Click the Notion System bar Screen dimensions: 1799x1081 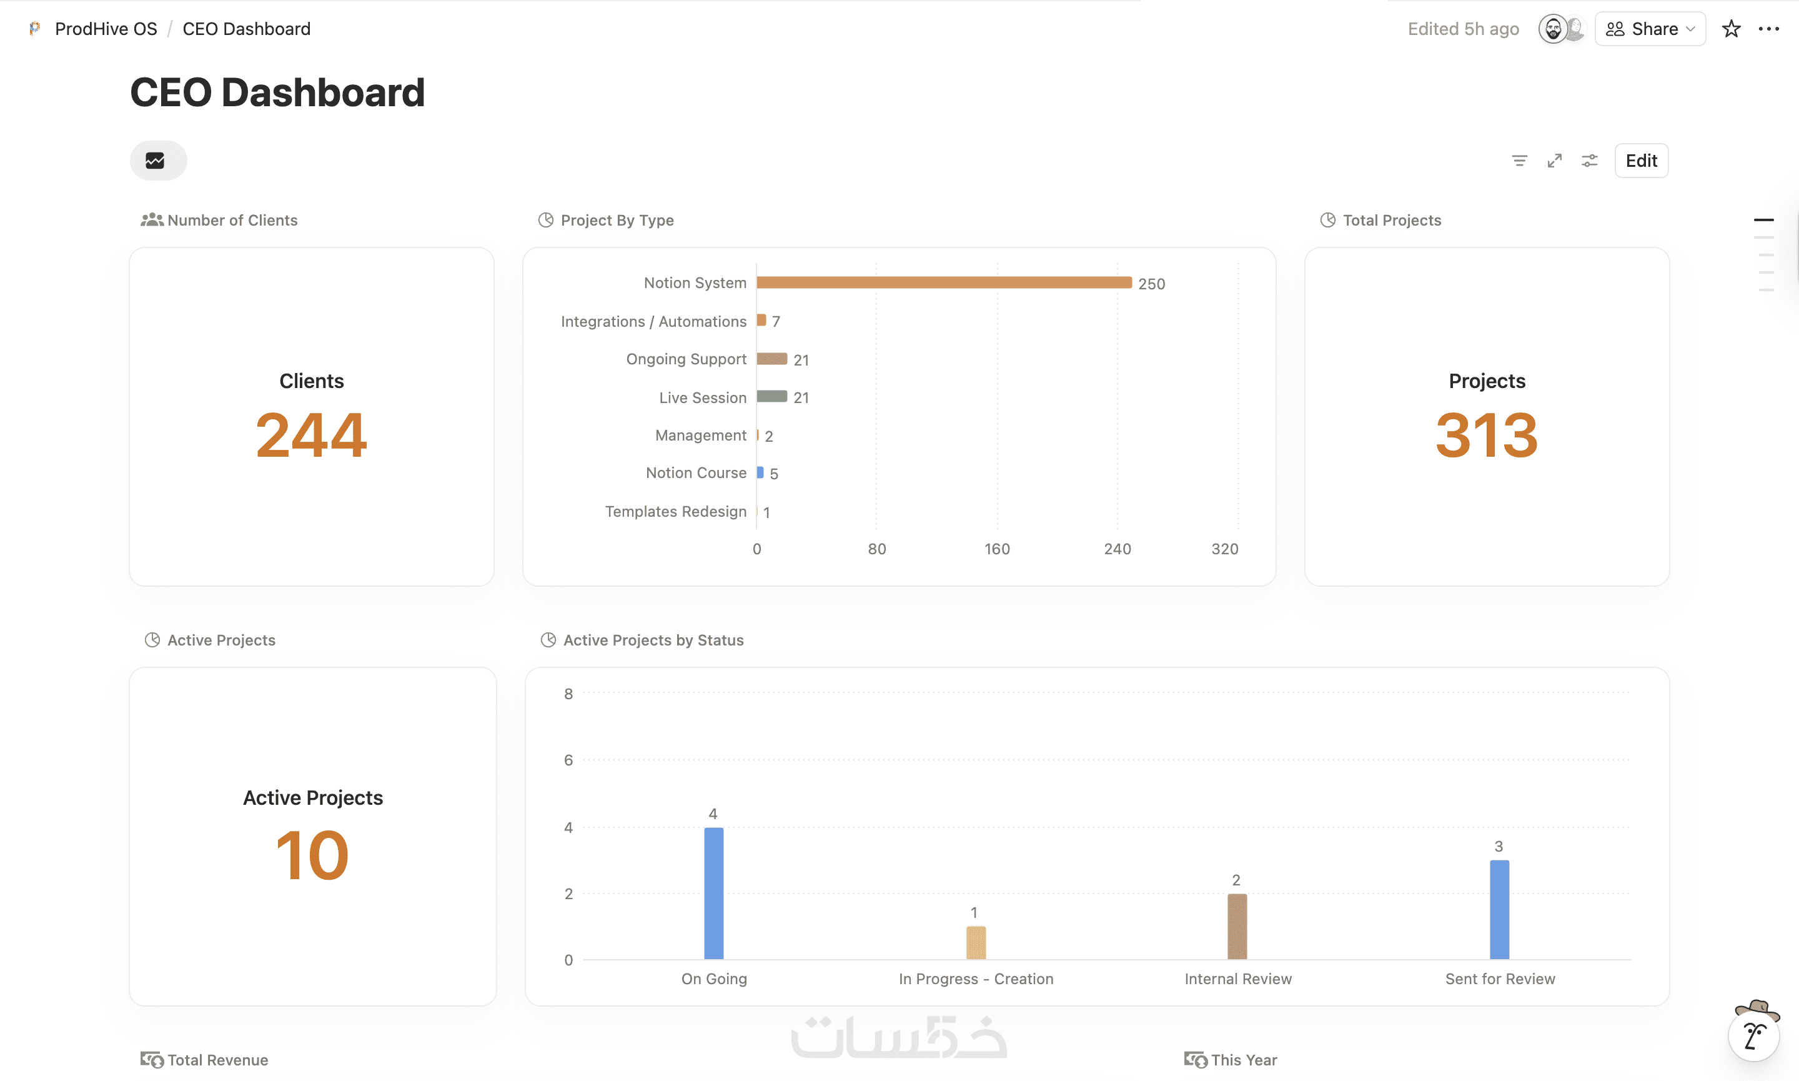[x=944, y=282]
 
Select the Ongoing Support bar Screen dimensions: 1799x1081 [x=771, y=359]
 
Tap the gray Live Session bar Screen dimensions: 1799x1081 [x=771, y=397]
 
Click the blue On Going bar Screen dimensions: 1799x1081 [x=713, y=894]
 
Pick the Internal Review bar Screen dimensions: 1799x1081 [x=1237, y=927]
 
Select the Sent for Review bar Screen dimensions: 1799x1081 [x=1499, y=910]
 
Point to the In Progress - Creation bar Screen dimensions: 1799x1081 [x=976, y=944]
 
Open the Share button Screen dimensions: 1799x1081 [x=1650, y=29]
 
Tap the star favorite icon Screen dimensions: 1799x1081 [x=1732, y=29]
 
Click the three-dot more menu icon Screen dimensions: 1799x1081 [x=1768, y=29]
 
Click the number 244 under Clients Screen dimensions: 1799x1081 [x=312, y=435]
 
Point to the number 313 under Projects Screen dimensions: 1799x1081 [x=1487, y=435]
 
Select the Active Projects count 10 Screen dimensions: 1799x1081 [x=312, y=855]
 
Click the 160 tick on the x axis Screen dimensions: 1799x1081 [x=997, y=549]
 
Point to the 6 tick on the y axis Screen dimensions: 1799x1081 [x=568, y=760]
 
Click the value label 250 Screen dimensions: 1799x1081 [x=1151, y=284]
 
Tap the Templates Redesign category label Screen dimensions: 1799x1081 [x=676, y=511]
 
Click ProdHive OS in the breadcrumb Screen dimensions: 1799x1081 [x=106, y=29]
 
